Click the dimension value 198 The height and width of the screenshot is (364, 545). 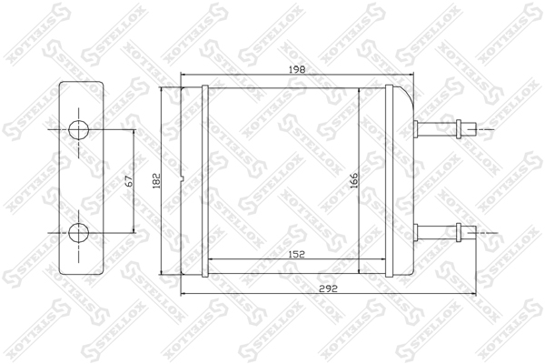point(297,69)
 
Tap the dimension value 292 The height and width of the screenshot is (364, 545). point(329,288)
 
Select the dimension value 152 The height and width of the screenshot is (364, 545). point(296,254)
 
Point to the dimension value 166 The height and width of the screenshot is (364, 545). point(354,180)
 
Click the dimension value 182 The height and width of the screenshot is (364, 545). point(157,181)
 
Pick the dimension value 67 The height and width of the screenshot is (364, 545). point(129,181)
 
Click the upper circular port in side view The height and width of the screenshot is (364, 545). point(78,130)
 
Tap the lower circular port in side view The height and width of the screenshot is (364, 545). point(78,233)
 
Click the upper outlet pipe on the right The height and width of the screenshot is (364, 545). point(446,129)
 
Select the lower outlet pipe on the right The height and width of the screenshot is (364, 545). point(446,232)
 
